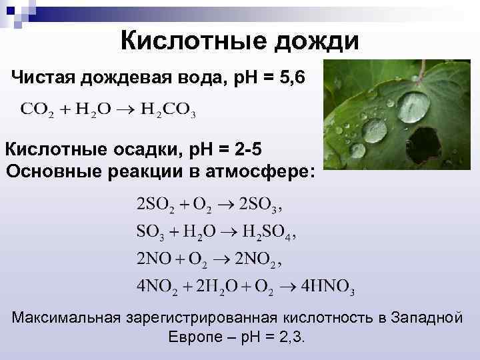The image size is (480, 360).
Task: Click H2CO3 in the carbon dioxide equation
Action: [169, 109]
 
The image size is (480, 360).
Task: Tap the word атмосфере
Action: [263, 170]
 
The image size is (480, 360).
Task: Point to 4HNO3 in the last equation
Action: [327, 287]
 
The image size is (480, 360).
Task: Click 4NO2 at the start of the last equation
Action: [157, 287]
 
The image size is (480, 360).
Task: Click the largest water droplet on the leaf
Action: [414, 107]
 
